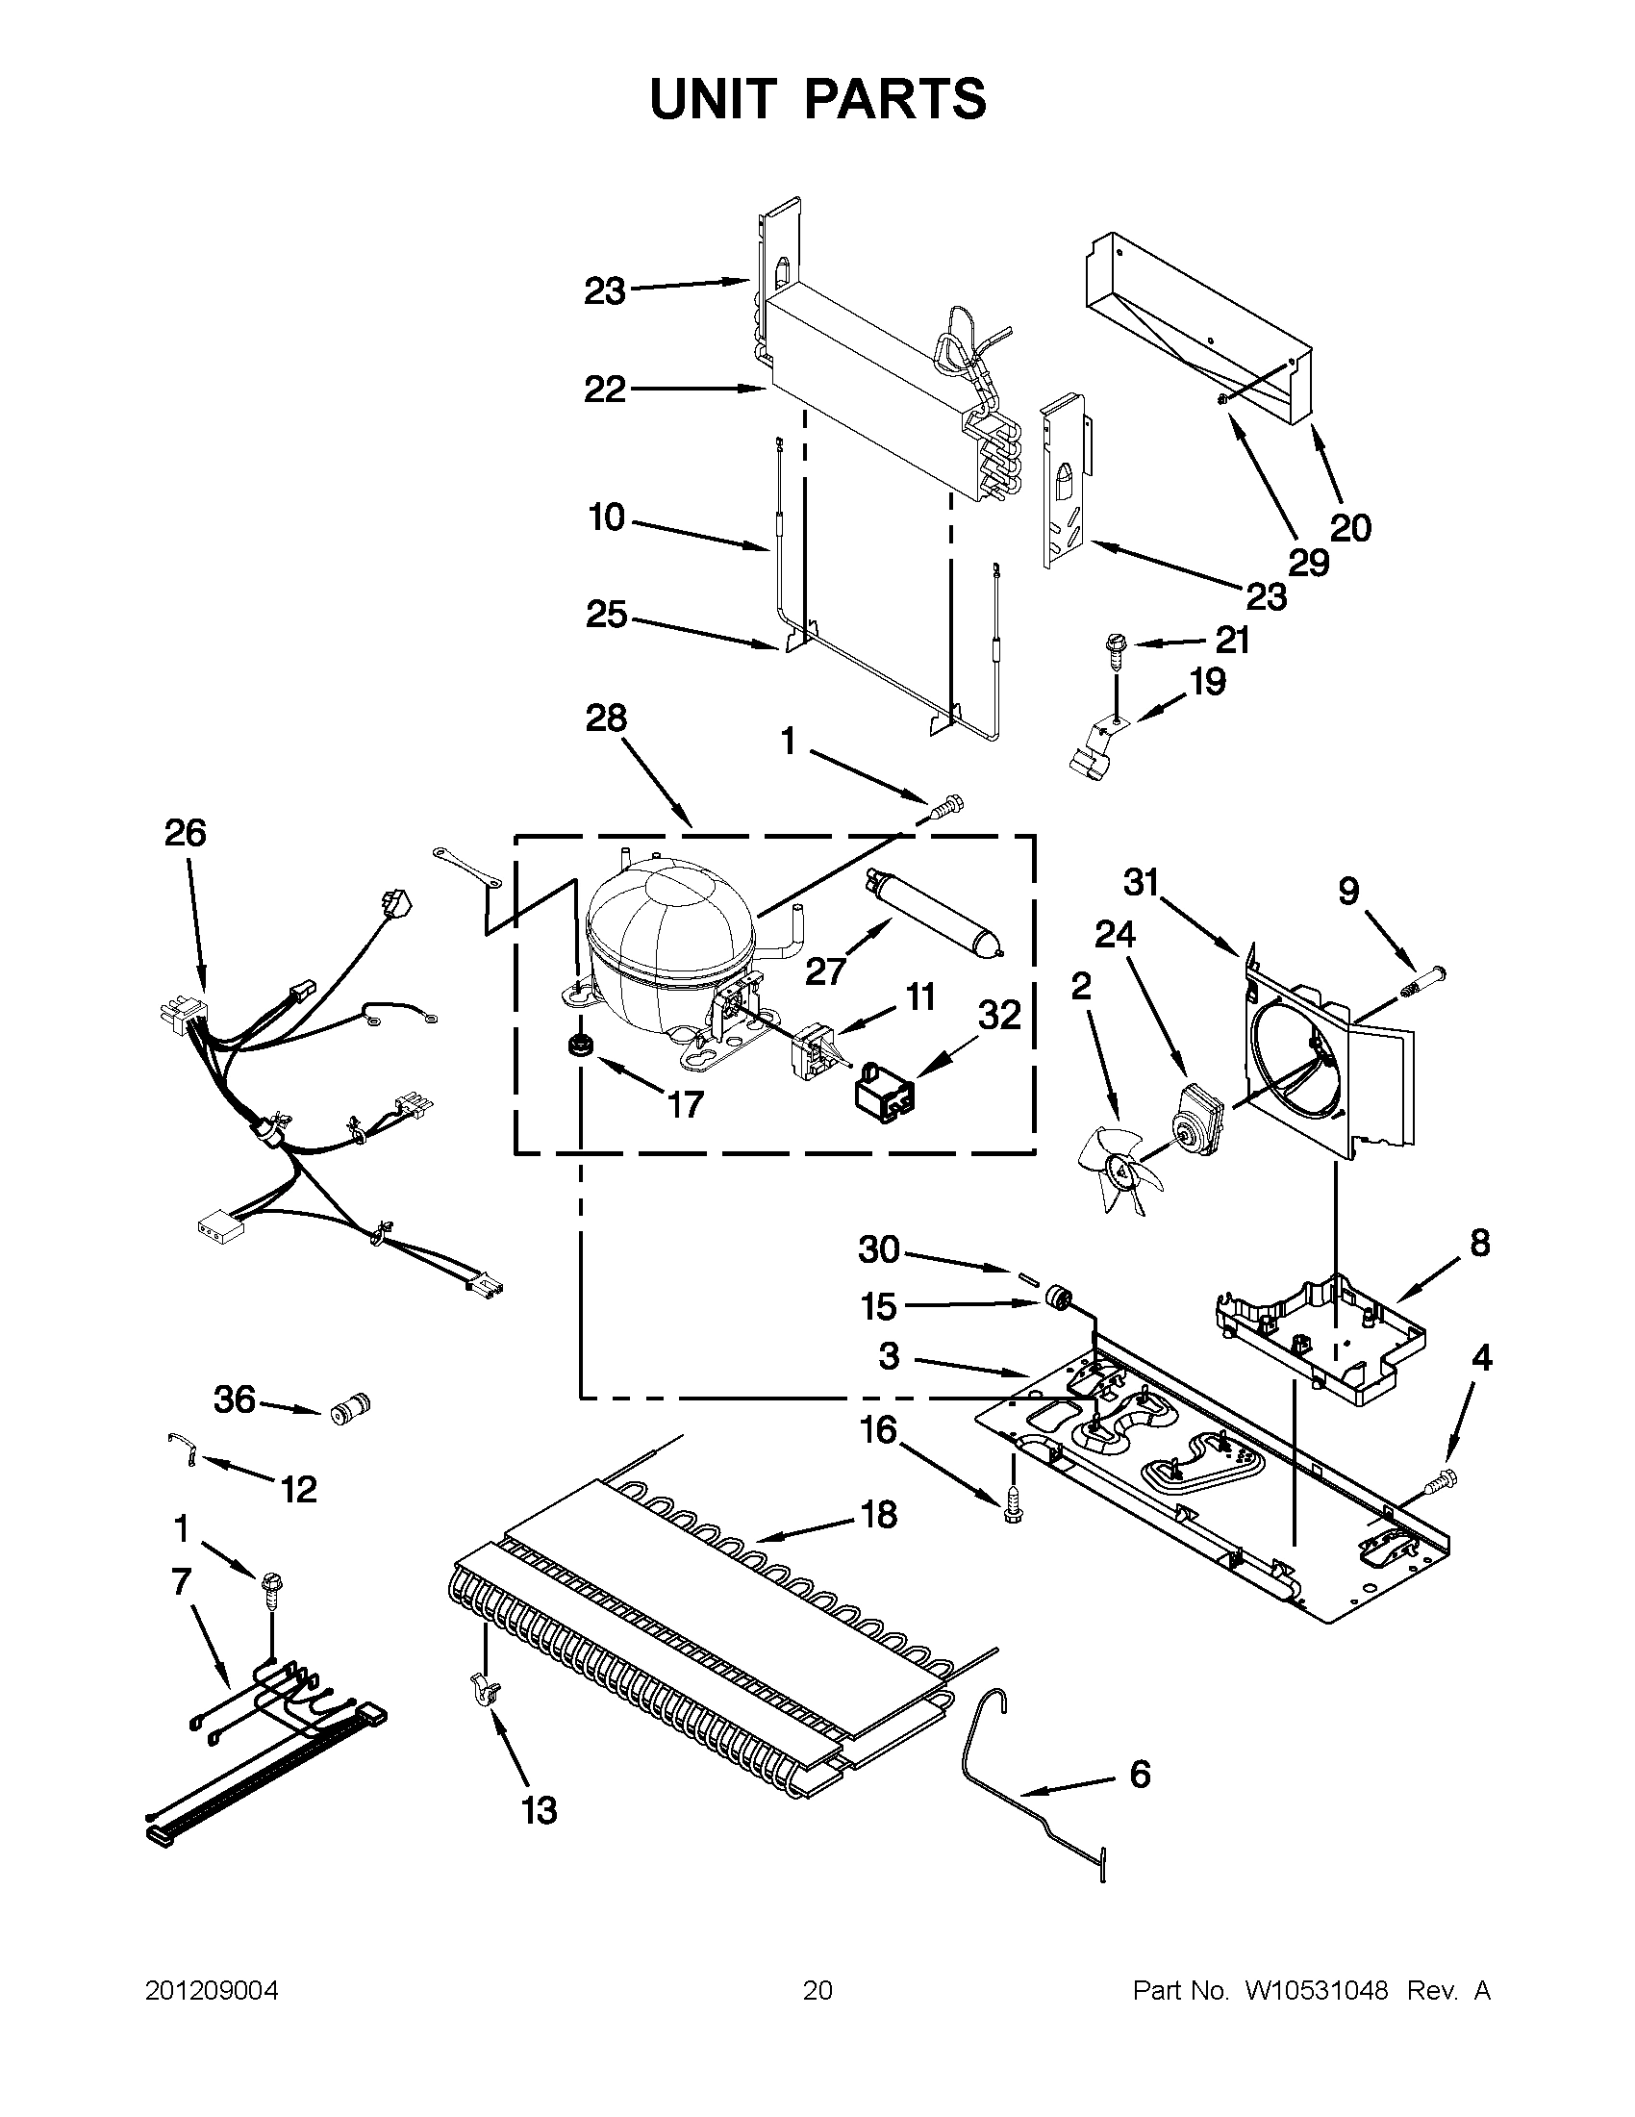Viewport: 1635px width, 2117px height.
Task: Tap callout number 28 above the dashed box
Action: pos(606,718)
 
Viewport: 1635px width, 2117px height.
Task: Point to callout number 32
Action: pos(1000,1015)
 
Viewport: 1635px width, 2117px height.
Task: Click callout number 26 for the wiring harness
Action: pos(185,833)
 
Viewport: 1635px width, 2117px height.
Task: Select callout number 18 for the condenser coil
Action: pos(879,1514)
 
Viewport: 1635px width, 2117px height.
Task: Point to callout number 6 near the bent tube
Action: pos(1140,1774)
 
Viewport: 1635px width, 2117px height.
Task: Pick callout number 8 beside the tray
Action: pos(1480,1243)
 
